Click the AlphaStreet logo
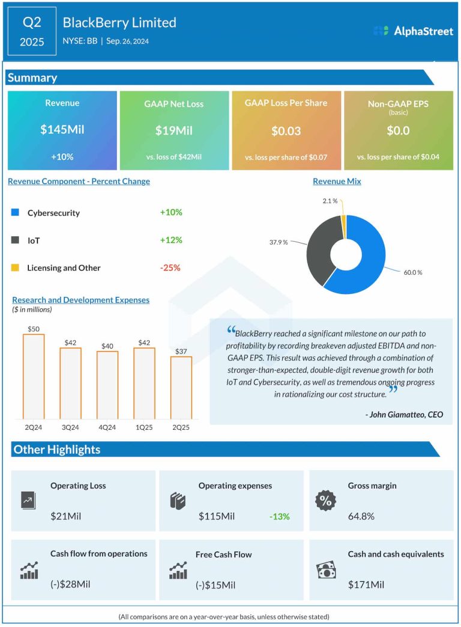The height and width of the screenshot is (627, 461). point(413,31)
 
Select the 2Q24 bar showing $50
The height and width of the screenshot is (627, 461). point(34,376)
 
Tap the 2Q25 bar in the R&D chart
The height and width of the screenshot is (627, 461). point(181,388)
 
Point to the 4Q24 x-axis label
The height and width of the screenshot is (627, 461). point(107,427)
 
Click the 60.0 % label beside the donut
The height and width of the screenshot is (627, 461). point(413,272)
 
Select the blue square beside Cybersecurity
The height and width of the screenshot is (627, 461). point(15,212)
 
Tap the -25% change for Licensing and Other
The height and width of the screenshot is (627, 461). point(170,268)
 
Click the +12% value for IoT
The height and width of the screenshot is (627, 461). point(171,240)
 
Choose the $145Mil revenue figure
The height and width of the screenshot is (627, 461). point(62,130)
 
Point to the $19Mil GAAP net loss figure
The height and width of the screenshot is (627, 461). point(174,130)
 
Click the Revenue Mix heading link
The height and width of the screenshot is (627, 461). point(337,181)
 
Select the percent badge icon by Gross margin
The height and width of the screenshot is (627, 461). point(326,500)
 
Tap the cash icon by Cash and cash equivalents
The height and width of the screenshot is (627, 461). point(326,570)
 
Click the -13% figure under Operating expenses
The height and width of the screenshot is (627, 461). point(279,516)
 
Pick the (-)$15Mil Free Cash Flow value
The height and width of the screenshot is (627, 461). point(215,585)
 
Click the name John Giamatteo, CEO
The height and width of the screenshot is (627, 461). point(404,414)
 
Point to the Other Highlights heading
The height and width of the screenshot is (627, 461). point(57,450)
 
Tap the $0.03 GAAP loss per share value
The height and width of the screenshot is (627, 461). point(286,131)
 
